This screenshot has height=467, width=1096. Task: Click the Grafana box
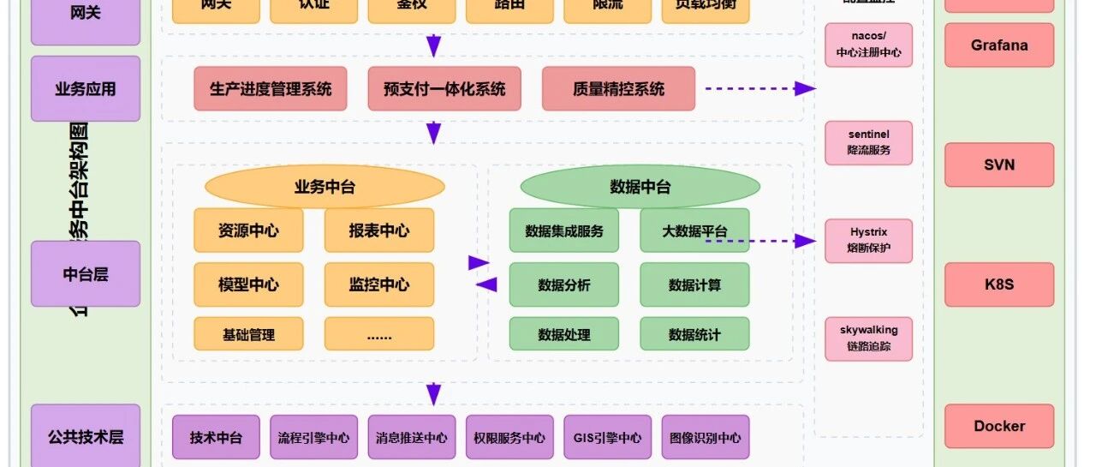click(999, 45)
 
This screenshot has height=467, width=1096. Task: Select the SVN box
click(999, 164)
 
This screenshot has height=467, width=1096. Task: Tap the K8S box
click(999, 284)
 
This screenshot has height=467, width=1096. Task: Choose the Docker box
click(999, 426)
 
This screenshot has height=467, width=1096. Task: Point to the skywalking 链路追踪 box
click(868, 338)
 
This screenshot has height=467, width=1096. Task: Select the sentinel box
click(868, 142)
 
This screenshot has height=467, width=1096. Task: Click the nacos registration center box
click(868, 45)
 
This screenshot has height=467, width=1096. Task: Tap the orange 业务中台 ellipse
click(325, 187)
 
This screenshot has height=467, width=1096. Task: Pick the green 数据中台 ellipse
click(640, 187)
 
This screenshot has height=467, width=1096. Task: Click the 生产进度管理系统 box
click(271, 89)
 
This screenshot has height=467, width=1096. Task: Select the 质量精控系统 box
click(618, 89)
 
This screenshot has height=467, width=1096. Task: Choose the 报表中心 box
click(378, 231)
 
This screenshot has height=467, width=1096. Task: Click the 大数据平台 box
click(694, 231)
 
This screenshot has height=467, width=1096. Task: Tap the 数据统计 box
click(694, 334)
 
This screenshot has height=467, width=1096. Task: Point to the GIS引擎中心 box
click(607, 437)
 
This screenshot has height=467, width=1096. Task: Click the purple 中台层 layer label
click(86, 273)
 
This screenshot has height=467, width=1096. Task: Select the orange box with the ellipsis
click(378, 334)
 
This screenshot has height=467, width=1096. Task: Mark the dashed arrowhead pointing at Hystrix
click(805, 241)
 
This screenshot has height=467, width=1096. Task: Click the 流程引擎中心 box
click(313, 437)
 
